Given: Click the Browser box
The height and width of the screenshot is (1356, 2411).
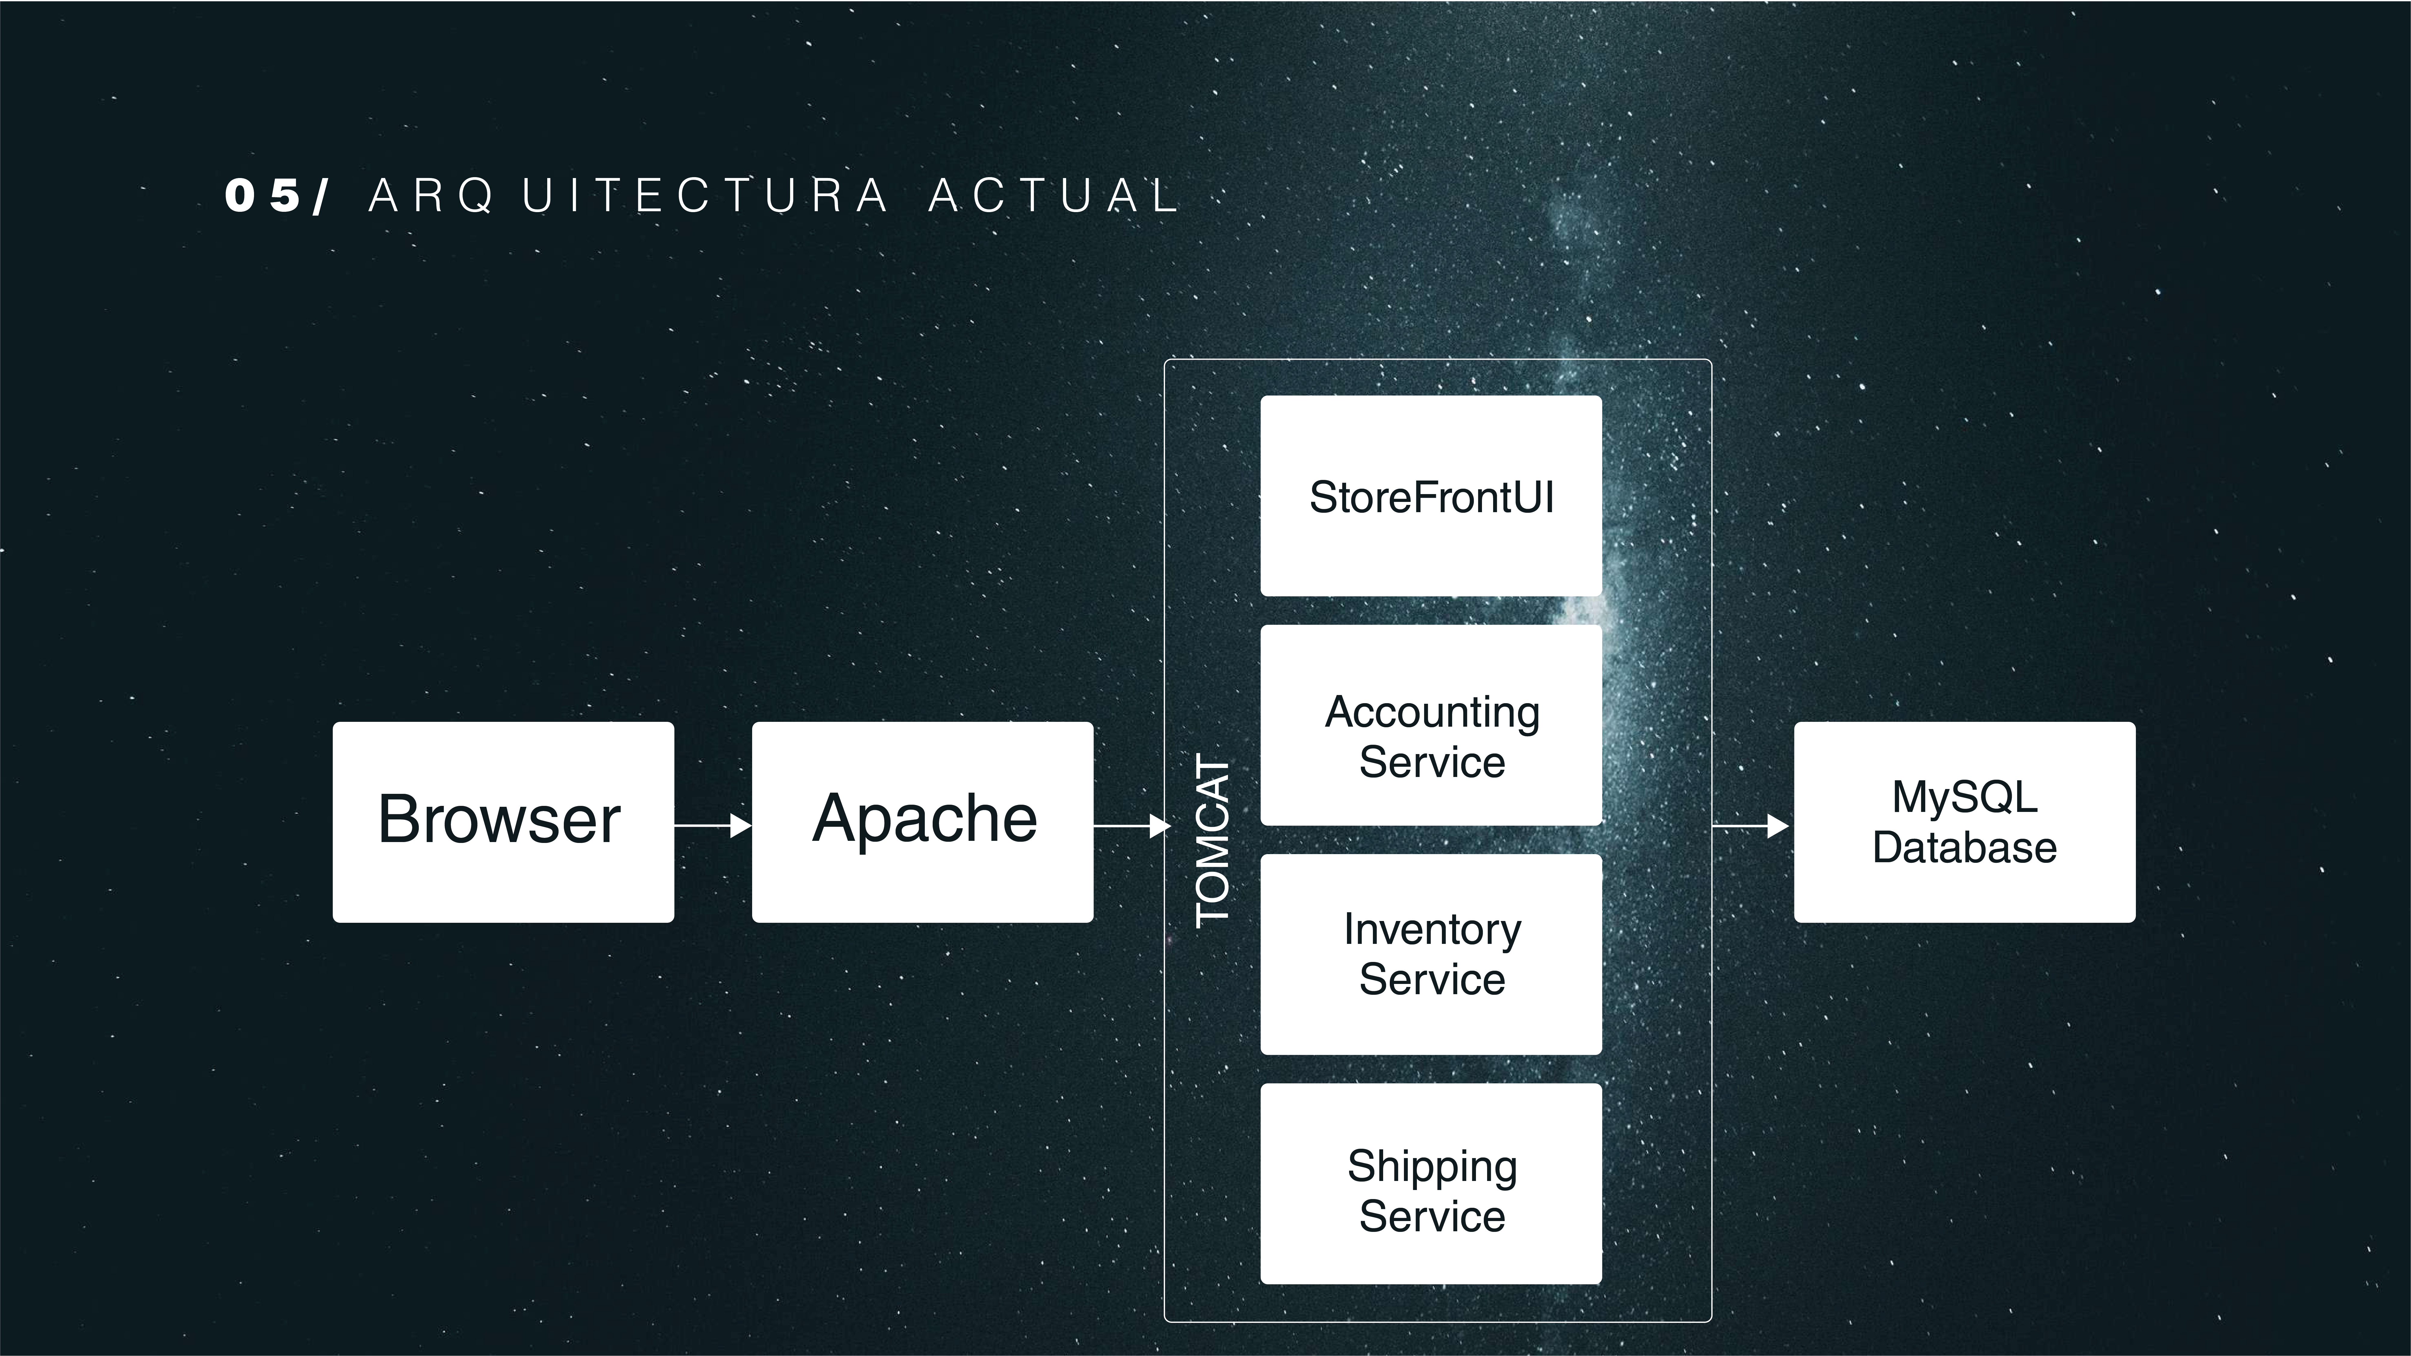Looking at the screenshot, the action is (503, 822).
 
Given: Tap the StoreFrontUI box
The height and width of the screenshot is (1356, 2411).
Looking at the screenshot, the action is (1431, 496).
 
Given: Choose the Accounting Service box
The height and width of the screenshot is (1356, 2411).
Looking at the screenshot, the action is (1431, 725).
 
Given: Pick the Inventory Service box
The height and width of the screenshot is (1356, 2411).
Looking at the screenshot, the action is (1431, 954).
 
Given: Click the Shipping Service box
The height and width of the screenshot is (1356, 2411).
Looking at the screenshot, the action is (1431, 1184).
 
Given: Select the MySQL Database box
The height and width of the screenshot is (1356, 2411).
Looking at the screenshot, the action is (1964, 822).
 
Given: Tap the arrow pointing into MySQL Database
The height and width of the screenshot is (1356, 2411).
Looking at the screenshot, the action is (1750, 825).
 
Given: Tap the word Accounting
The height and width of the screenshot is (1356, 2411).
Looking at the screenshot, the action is (1432, 713).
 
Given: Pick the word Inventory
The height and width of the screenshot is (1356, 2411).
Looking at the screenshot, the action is (1432, 930).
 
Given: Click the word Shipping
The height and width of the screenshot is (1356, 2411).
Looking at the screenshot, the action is (1432, 1167).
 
